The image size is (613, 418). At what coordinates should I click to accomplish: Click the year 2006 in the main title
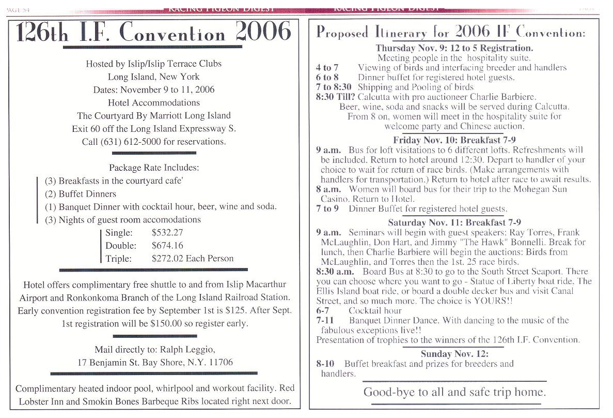[x=263, y=32]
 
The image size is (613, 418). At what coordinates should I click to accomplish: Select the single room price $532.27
[x=167, y=233]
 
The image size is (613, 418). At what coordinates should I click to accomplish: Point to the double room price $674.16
[x=167, y=246]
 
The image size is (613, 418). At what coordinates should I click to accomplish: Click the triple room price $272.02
[x=167, y=258]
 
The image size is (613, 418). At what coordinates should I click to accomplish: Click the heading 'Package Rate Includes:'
[x=154, y=168]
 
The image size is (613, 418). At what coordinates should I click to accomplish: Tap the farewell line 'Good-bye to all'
[x=397, y=392]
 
